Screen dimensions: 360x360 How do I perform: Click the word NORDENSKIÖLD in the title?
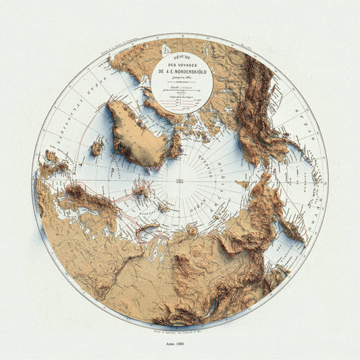pyautogui.click(x=180, y=75)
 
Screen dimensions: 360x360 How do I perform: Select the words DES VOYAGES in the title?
pyautogui.click(x=180, y=68)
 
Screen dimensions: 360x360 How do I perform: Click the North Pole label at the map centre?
pyautogui.click(x=180, y=182)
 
